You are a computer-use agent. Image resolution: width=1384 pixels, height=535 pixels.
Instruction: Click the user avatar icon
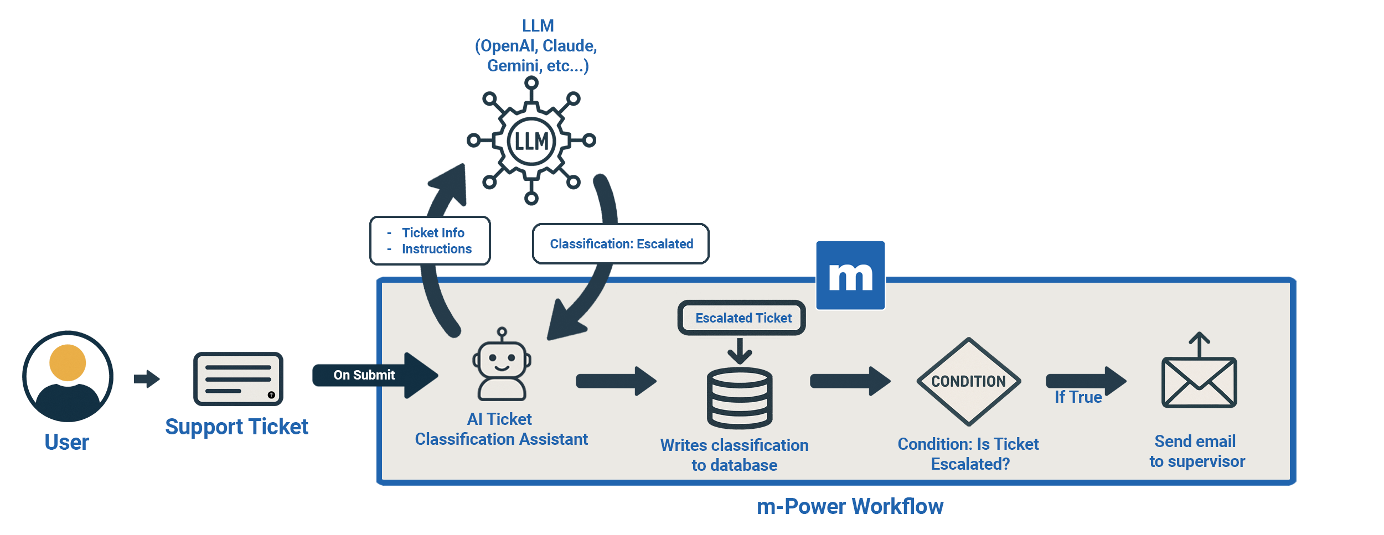coord(68,376)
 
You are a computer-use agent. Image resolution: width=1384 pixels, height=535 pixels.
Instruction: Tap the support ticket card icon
coord(238,379)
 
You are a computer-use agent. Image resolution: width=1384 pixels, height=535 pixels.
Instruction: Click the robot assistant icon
coord(502,365)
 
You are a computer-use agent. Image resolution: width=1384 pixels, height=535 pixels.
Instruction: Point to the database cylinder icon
coord(740,398)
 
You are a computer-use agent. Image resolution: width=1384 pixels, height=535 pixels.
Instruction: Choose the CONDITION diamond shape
coord(968,381)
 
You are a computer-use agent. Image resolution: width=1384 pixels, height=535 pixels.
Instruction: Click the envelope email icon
coord(1199,382)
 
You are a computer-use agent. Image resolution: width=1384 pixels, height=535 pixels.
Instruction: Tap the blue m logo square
coord(850,276)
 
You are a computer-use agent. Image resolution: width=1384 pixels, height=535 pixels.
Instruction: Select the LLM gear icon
coord(531,141)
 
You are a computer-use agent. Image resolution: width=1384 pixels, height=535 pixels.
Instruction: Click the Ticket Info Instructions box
coord(430,241)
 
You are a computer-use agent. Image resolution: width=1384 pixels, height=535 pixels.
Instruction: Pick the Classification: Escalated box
coord(621,244)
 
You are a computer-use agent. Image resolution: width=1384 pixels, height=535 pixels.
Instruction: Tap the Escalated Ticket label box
coord(742,318)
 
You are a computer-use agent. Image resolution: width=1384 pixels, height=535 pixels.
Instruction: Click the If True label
coord(1078,397)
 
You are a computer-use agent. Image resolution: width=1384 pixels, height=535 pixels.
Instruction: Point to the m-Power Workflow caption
coord(850,506)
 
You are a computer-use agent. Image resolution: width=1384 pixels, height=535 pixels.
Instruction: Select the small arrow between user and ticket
coord(147,379)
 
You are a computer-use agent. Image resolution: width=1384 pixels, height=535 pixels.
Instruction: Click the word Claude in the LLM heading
coord(569,46)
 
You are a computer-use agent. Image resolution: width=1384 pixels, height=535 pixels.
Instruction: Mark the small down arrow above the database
coord(740,351)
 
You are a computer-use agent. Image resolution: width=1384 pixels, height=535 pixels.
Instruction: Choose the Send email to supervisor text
coord(1197,451)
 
